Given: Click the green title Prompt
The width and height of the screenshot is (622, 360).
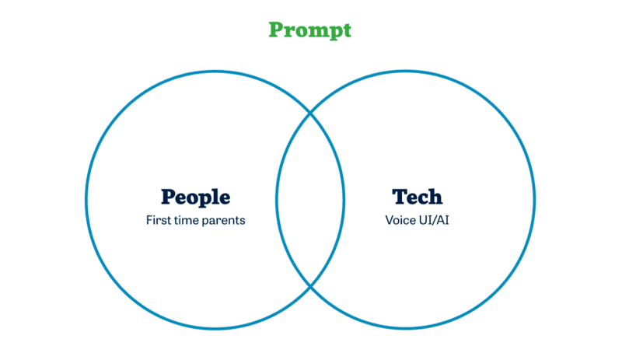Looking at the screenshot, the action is coord(309,30).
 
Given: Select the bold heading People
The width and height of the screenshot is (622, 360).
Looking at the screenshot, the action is coord(196,197).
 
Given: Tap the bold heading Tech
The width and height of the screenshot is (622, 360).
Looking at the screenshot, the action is coord(417,197).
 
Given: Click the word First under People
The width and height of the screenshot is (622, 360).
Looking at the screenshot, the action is coord(159,220).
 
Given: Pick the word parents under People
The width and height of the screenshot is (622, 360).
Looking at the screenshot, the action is coord(224,221).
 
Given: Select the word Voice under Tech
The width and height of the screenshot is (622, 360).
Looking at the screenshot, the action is coord(400,220).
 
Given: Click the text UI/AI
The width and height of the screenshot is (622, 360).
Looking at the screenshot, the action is coord(434,220).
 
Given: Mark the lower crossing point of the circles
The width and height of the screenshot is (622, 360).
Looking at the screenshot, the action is coord(310,286).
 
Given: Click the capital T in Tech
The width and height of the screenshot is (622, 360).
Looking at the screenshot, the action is coord(400,197).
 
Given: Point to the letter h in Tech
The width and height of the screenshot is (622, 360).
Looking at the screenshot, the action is coord(435,197).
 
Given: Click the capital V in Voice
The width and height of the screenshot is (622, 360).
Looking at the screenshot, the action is coord(390,220).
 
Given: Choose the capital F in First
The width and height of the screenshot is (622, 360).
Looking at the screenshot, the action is coord(149,220).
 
